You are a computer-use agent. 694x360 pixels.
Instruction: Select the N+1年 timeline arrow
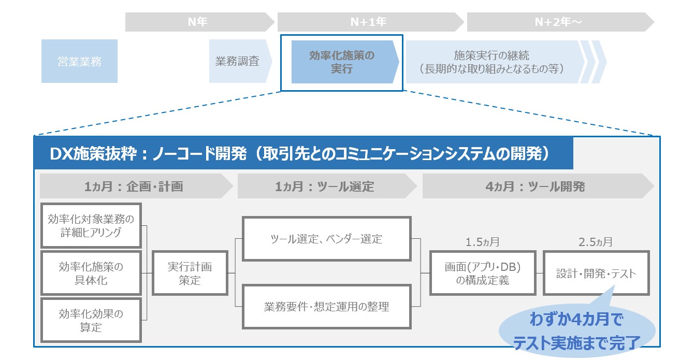click(369, 22)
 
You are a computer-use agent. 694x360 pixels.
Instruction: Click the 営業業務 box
click(79, 61)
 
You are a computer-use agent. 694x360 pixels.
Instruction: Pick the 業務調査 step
click(238, 61)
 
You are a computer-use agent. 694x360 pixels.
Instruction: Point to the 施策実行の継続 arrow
click(492, 62)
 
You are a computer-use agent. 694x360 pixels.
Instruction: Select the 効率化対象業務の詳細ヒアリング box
click(91, 226)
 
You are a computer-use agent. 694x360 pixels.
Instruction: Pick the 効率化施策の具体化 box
click(91, 273)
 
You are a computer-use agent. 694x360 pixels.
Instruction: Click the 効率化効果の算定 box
click(91, 320)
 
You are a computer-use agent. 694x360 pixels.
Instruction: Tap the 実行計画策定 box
click(190, 273)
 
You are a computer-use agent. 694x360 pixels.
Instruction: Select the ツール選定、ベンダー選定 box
click(326, 239)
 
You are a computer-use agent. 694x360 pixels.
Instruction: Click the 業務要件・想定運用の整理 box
click(326, 306)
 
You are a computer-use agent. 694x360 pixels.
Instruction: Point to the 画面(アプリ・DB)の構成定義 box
click(482, 273)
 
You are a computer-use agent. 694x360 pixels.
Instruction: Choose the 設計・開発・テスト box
click(596, 273)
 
